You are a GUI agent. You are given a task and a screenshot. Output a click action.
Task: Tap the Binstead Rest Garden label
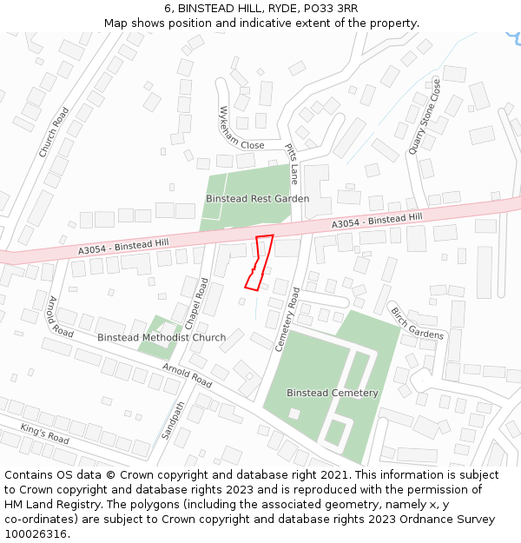click(257, 199)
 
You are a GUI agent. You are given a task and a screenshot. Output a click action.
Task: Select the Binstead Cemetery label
click(333, 393)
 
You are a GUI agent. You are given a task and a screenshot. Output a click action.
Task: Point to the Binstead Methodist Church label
click(162, 337)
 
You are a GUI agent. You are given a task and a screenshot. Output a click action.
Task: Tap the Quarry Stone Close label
click(425, 117)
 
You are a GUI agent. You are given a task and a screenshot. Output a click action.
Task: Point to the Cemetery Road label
click(287, 321)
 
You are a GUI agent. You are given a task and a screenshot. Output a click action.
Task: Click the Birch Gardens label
click(417, 323)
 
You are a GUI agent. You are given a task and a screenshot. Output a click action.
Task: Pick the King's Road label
click(44, 433)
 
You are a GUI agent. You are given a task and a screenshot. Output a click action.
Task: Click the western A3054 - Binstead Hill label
click(118, 246)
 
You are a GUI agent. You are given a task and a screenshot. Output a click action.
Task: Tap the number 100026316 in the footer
click(36, 534)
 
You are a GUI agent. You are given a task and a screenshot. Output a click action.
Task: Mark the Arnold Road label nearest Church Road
click(61, 317)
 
